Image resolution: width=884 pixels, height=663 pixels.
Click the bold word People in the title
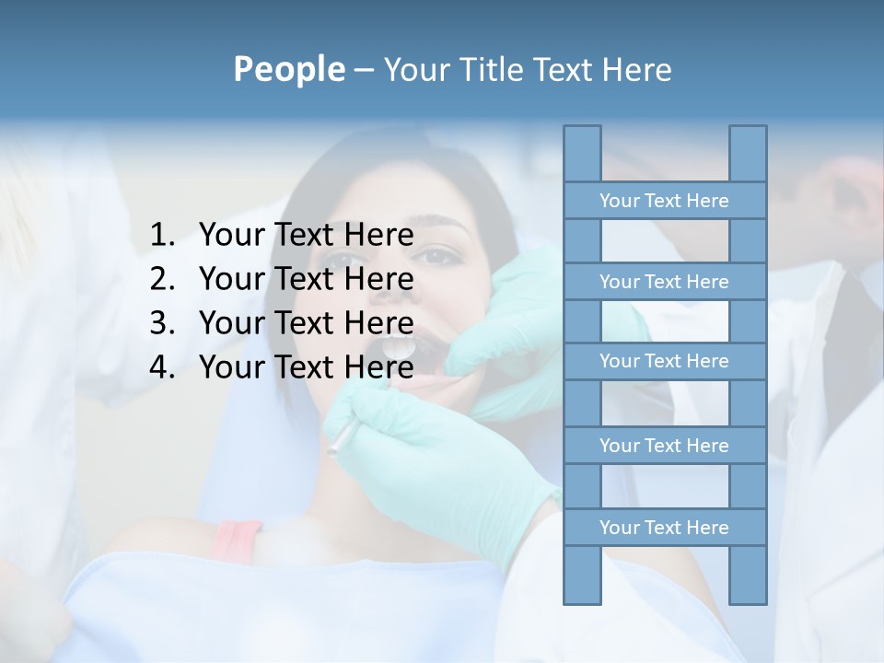[x=288, y=69]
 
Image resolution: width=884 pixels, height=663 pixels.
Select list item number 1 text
[x=306, y=236]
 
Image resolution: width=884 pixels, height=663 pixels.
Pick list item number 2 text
[x=306, y=279]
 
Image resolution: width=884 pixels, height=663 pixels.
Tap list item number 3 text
[x=306, y=323]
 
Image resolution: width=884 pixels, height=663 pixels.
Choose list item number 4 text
[x=306, y=367]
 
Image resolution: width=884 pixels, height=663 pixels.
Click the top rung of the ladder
[x=664, y=201]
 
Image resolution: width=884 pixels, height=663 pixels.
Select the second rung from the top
[x=664, y=282]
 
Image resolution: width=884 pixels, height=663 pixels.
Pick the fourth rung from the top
[x=664, y=446]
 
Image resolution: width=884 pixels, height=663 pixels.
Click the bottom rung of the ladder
[x=664, y=528]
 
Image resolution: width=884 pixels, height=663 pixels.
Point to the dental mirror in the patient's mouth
[x=400, y=348]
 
